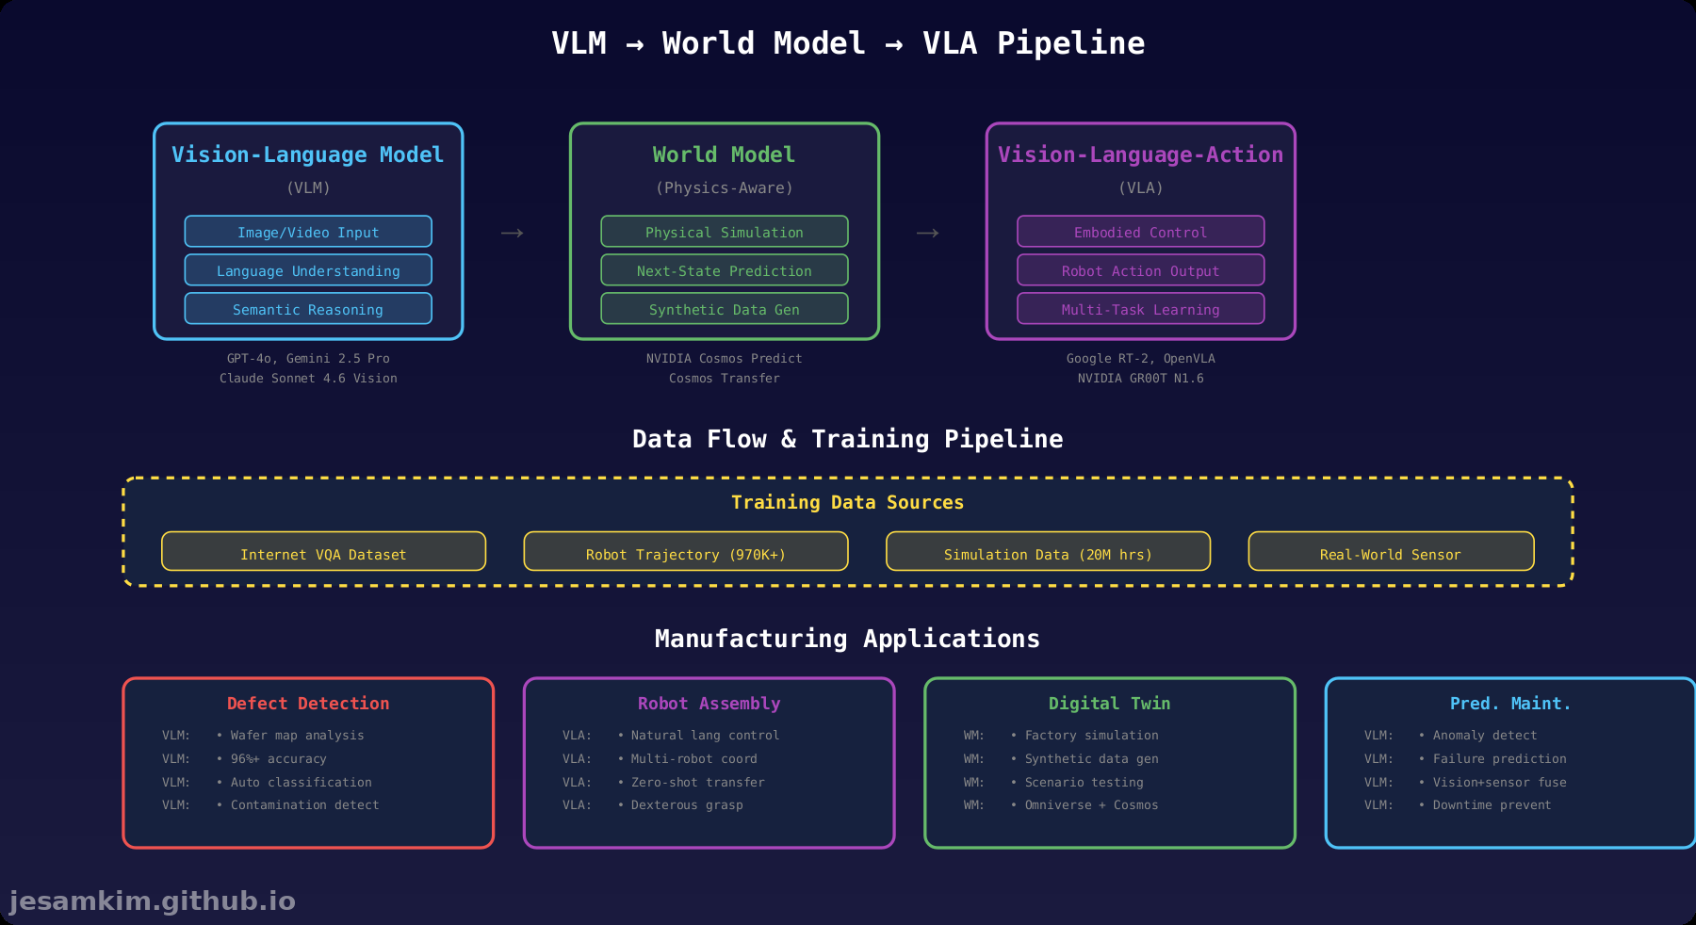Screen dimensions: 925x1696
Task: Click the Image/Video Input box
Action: click(308, 232)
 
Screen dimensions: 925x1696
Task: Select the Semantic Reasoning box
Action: click(308, 309)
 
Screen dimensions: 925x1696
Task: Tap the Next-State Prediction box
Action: click(724, 270)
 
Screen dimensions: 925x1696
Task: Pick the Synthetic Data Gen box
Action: click(724, 309)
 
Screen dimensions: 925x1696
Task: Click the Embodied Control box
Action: click(1140, 232)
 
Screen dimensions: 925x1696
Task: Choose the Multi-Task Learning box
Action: click(1140, 309)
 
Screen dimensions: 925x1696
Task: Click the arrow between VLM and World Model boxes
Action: click(512, 233)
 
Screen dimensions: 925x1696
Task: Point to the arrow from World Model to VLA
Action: click(927, 233)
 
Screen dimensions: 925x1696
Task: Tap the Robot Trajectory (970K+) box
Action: click(685, 553)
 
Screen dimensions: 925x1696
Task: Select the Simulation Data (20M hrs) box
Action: click(1048, 553)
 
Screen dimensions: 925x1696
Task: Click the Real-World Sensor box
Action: click(1390, 553)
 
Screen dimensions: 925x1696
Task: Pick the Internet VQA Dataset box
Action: click(323, 553)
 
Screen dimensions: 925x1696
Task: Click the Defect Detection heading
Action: click(308, 704)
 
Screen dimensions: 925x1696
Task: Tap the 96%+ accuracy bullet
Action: click(278, 758)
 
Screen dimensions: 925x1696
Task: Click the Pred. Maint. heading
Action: click(1509, 704)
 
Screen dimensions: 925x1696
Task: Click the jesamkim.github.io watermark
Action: click(152, 901)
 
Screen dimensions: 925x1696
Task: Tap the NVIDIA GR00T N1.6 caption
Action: click(1140, 378)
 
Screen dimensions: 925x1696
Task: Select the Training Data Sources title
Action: click(847, 502)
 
